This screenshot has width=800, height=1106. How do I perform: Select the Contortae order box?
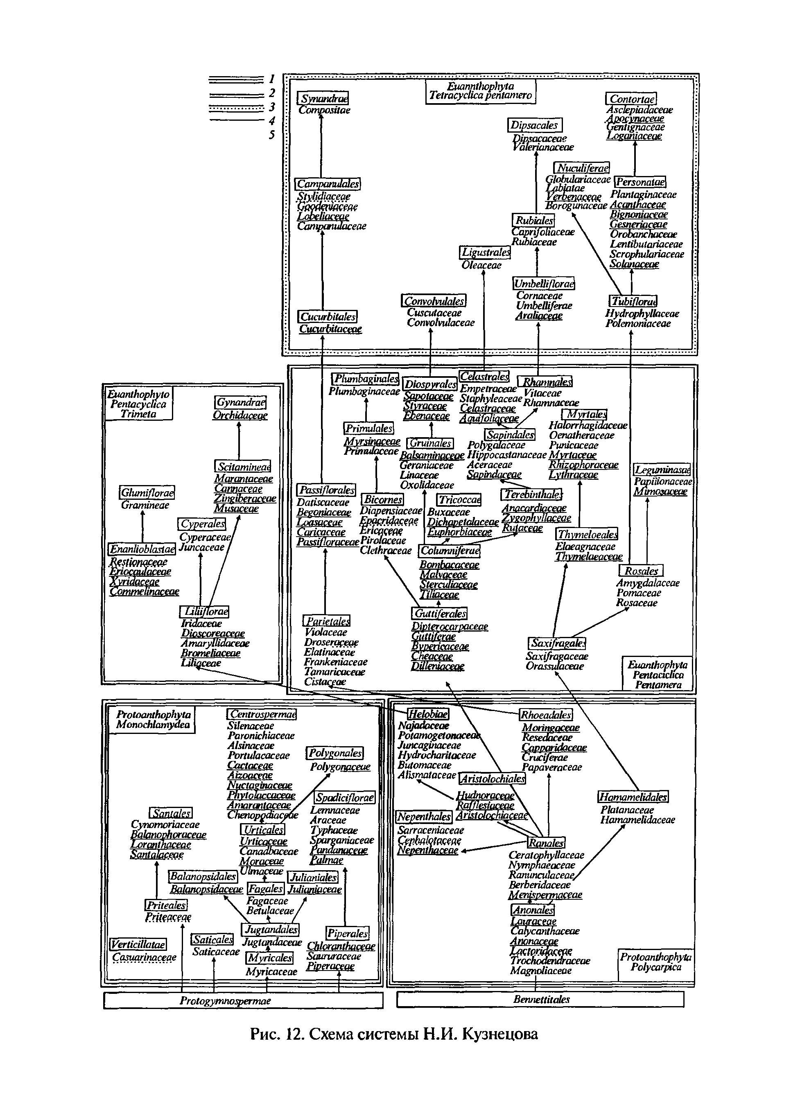631,99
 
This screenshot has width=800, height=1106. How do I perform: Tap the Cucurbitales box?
328,316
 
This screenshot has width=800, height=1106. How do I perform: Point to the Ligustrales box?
486,253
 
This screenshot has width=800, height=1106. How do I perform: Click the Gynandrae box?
240,402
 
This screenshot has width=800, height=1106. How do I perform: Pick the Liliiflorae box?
204,611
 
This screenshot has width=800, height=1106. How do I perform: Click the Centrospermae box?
262,714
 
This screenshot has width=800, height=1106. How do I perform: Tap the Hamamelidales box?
633,797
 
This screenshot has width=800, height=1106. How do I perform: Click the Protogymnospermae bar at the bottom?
243,1001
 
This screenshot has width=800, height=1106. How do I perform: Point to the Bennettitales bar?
540,999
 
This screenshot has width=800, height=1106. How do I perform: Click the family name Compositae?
324,110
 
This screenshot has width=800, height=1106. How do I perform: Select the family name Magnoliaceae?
540,971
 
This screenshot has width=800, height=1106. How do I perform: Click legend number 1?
272,79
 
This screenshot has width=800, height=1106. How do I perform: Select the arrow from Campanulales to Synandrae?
321,146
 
